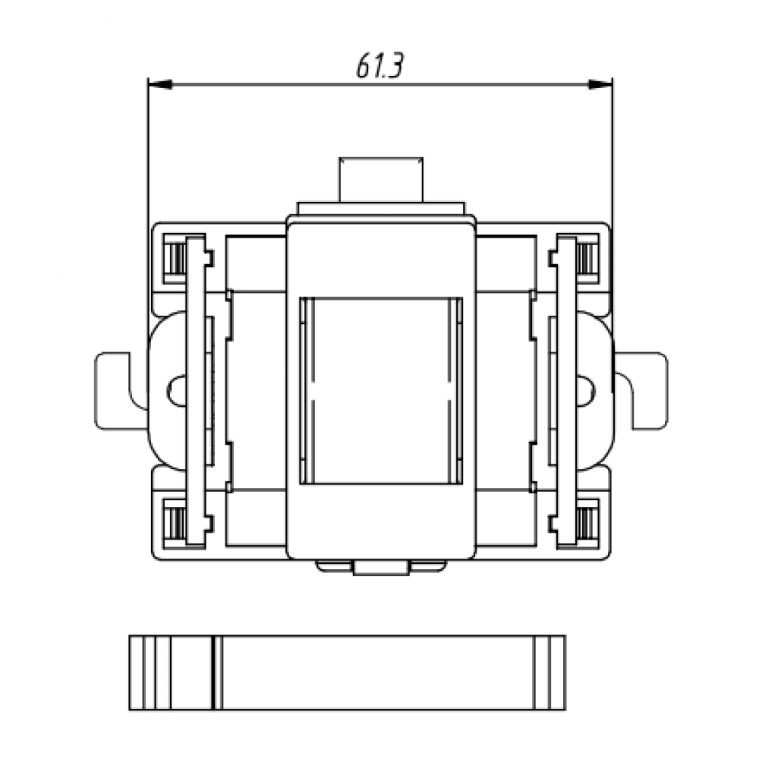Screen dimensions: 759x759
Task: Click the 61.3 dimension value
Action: coord(379,65)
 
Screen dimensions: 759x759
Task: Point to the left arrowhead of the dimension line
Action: coord(159,84)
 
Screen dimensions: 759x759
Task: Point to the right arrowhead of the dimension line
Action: coord(600,84)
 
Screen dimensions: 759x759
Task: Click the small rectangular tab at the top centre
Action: coord(381,180)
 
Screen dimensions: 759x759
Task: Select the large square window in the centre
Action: coord(381,391)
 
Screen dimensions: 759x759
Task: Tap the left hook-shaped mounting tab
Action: coord(116,391)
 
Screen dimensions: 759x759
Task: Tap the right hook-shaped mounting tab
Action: coord(644,391)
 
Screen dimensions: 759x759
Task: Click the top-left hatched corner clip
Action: coord(175,259)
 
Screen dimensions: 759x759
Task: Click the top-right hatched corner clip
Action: coord(587,259)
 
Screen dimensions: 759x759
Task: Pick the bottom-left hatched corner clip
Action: coord(175,524)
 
